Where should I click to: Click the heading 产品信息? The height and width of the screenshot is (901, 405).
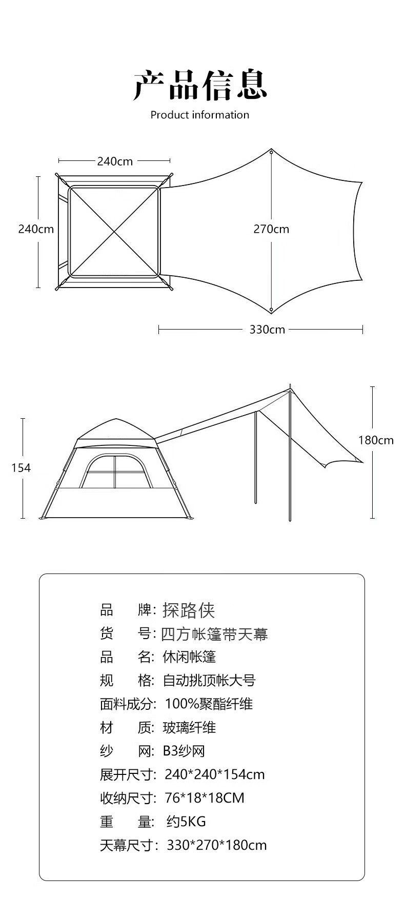pos(200,85)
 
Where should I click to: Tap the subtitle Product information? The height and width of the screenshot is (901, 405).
pos(200,115)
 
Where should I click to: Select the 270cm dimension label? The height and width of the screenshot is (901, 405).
pos(271,229)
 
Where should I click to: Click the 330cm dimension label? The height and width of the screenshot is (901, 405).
pos(267,329)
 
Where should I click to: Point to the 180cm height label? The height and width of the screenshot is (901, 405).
pos(376,440)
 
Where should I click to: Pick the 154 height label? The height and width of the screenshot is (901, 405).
pos(21,468)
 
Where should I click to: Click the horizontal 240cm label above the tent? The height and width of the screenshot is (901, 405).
pos(115,161)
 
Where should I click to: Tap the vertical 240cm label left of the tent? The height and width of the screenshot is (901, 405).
pos(36,229)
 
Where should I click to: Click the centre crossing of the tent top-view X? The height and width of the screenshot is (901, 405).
pos(114,232)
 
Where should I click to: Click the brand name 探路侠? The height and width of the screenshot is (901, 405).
pos(189,610)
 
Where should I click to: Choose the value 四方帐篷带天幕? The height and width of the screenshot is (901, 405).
pos(215,634)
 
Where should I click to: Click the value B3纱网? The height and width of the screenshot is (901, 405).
pos(184,751)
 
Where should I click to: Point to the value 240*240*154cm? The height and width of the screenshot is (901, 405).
pos(215,774)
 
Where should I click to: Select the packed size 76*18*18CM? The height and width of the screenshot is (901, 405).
pos(205,798)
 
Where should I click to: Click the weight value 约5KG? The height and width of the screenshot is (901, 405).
pos(186,822)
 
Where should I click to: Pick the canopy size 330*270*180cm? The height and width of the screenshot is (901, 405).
pos(217,845)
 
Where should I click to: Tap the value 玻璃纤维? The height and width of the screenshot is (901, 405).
pos(189,727)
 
